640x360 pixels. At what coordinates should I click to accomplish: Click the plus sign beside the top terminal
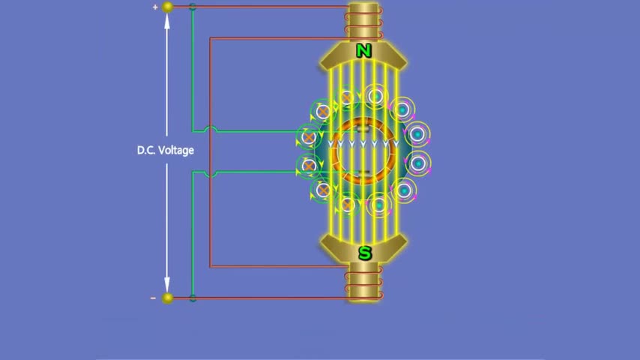[155, 7]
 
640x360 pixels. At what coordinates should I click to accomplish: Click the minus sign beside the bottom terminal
[153, 298]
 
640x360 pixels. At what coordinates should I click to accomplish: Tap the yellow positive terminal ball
[167, 7]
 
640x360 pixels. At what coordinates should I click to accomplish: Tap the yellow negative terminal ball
[167, 298]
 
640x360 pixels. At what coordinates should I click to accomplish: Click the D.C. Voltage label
[166, 150]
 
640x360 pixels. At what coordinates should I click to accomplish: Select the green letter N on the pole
[363, 51]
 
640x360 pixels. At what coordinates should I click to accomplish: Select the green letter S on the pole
[365, 253]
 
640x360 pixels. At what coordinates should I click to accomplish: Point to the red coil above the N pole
[363, 22]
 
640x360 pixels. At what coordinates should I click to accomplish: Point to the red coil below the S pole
[363, 283]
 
